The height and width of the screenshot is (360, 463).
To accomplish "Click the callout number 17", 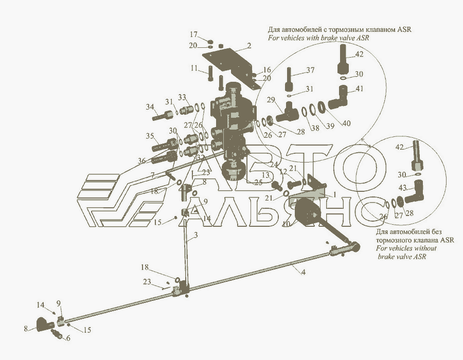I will click(x=194, y=34).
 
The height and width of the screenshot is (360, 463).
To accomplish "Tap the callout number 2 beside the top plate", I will click(x=248, y=46).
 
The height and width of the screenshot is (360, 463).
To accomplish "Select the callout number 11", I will click(x=194, y=67).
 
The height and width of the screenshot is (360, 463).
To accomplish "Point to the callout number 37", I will click(x=310, y=70).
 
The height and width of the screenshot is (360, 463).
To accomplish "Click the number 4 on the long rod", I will click(x=304, y=272).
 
